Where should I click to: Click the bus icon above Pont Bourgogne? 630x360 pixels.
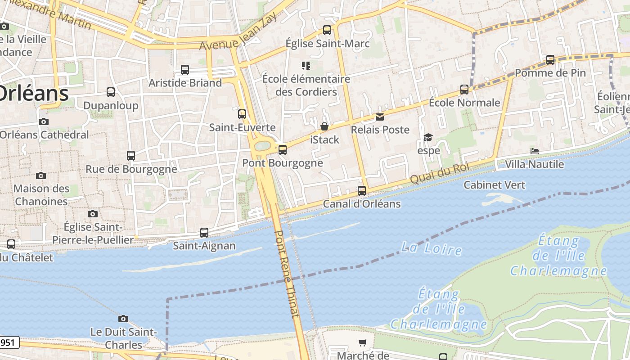pos(283,150)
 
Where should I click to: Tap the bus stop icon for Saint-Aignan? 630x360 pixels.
pos(204,233)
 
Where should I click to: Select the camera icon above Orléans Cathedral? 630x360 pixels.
pos(44,121)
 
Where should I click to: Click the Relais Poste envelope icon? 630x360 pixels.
pos(380,117)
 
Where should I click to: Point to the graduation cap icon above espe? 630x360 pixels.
pos(428,137)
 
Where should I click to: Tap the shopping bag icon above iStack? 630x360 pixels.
pos(324,127)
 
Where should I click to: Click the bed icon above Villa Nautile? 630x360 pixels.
pos(535,151)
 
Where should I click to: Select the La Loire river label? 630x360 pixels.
pos(431,248)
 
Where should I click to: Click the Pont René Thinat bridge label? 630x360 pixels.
pos(286,274)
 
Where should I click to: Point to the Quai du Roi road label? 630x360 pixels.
pos(439,173)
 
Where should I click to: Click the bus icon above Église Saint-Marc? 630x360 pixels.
pos(327,30)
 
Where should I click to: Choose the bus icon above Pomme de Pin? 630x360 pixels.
pos(550,60)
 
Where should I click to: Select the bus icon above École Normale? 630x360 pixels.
pos(464,90)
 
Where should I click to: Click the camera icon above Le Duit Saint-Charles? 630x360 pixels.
pos(123,319)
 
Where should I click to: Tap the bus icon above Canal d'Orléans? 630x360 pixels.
pos(362,191)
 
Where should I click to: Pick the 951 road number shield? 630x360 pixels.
pos(8,342)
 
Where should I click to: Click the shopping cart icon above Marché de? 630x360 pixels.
pos(363,342)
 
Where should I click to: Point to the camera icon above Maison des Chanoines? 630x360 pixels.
pos(41,175)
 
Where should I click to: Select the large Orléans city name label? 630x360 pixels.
pos(33,94)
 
